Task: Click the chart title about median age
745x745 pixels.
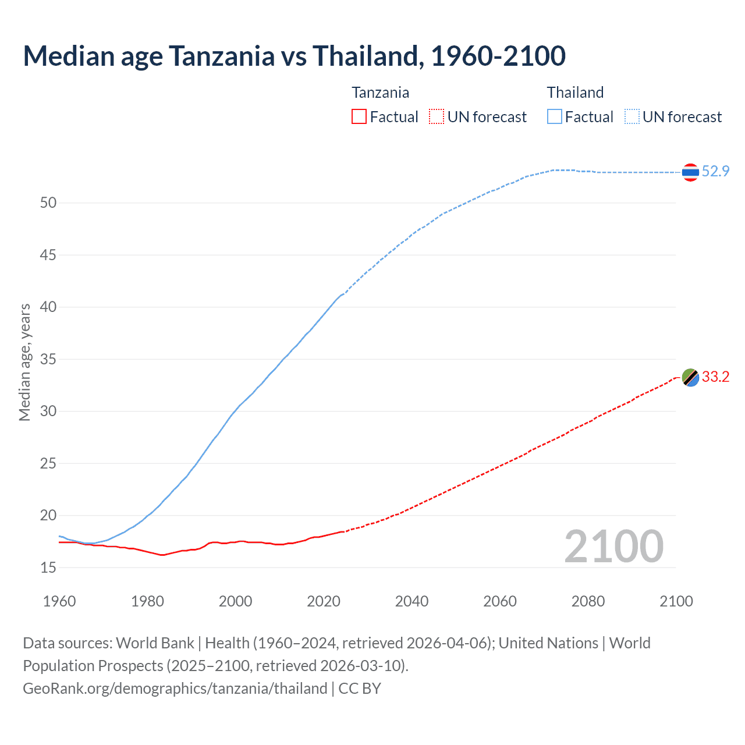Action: [x=294, y=56]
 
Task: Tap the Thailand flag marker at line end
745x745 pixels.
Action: [x=690, y=172]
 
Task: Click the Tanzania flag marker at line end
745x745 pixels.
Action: [x=690, y=377]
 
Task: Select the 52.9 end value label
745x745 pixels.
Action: [x=715, y=171]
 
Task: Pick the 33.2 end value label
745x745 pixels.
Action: [x=715, y=377]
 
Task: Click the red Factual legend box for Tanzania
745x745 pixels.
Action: [x=359, y=117]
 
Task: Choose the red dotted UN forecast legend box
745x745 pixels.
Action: [x=437, y=117]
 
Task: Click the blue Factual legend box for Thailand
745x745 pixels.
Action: [x=555, y=117]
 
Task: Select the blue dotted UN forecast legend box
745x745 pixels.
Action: [x=632, y=117]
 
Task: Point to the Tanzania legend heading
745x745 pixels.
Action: [x=380, y=93]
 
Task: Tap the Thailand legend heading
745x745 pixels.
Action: [x=575, y=93]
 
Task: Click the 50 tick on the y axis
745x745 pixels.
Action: [x=48, y=203]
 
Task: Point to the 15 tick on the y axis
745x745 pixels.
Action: [x=48, y=567]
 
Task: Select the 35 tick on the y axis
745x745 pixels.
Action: [x=48, y=359]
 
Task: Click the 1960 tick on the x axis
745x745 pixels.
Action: [x=59, y=601]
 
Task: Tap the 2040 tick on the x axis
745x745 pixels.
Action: [x=411, y=601]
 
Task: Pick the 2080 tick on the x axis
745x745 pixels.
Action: [x=588, y=601]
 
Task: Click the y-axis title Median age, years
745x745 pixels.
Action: [x=24, y=362]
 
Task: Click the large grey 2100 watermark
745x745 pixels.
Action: [x=613, y=546]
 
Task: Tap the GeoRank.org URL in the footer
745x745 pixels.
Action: [x=175, y=689]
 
